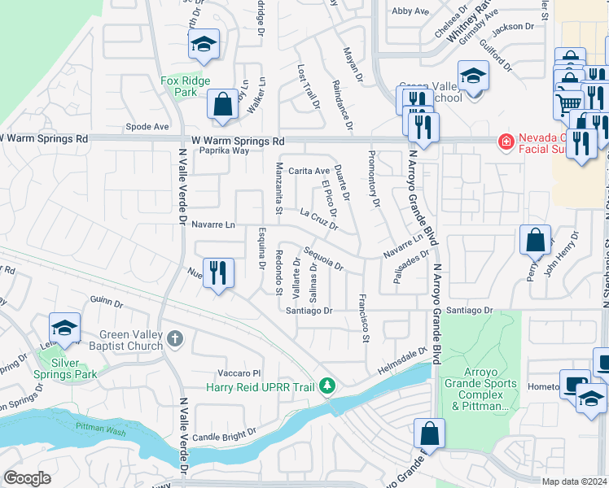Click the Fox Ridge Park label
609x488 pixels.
pos(186,86)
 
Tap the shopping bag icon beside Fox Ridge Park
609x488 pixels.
pos(221,104)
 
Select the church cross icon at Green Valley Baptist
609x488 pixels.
pos(174,338)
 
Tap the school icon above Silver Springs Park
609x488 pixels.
pos(64,328)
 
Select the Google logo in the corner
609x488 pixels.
pos(27,478)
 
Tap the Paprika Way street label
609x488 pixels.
pos(224,150)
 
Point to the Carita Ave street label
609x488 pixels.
pos(309,171)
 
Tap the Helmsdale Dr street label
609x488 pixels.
pos(402,362)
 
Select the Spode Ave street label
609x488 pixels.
pos(147,127)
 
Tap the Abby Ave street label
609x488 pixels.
pos(410,11)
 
